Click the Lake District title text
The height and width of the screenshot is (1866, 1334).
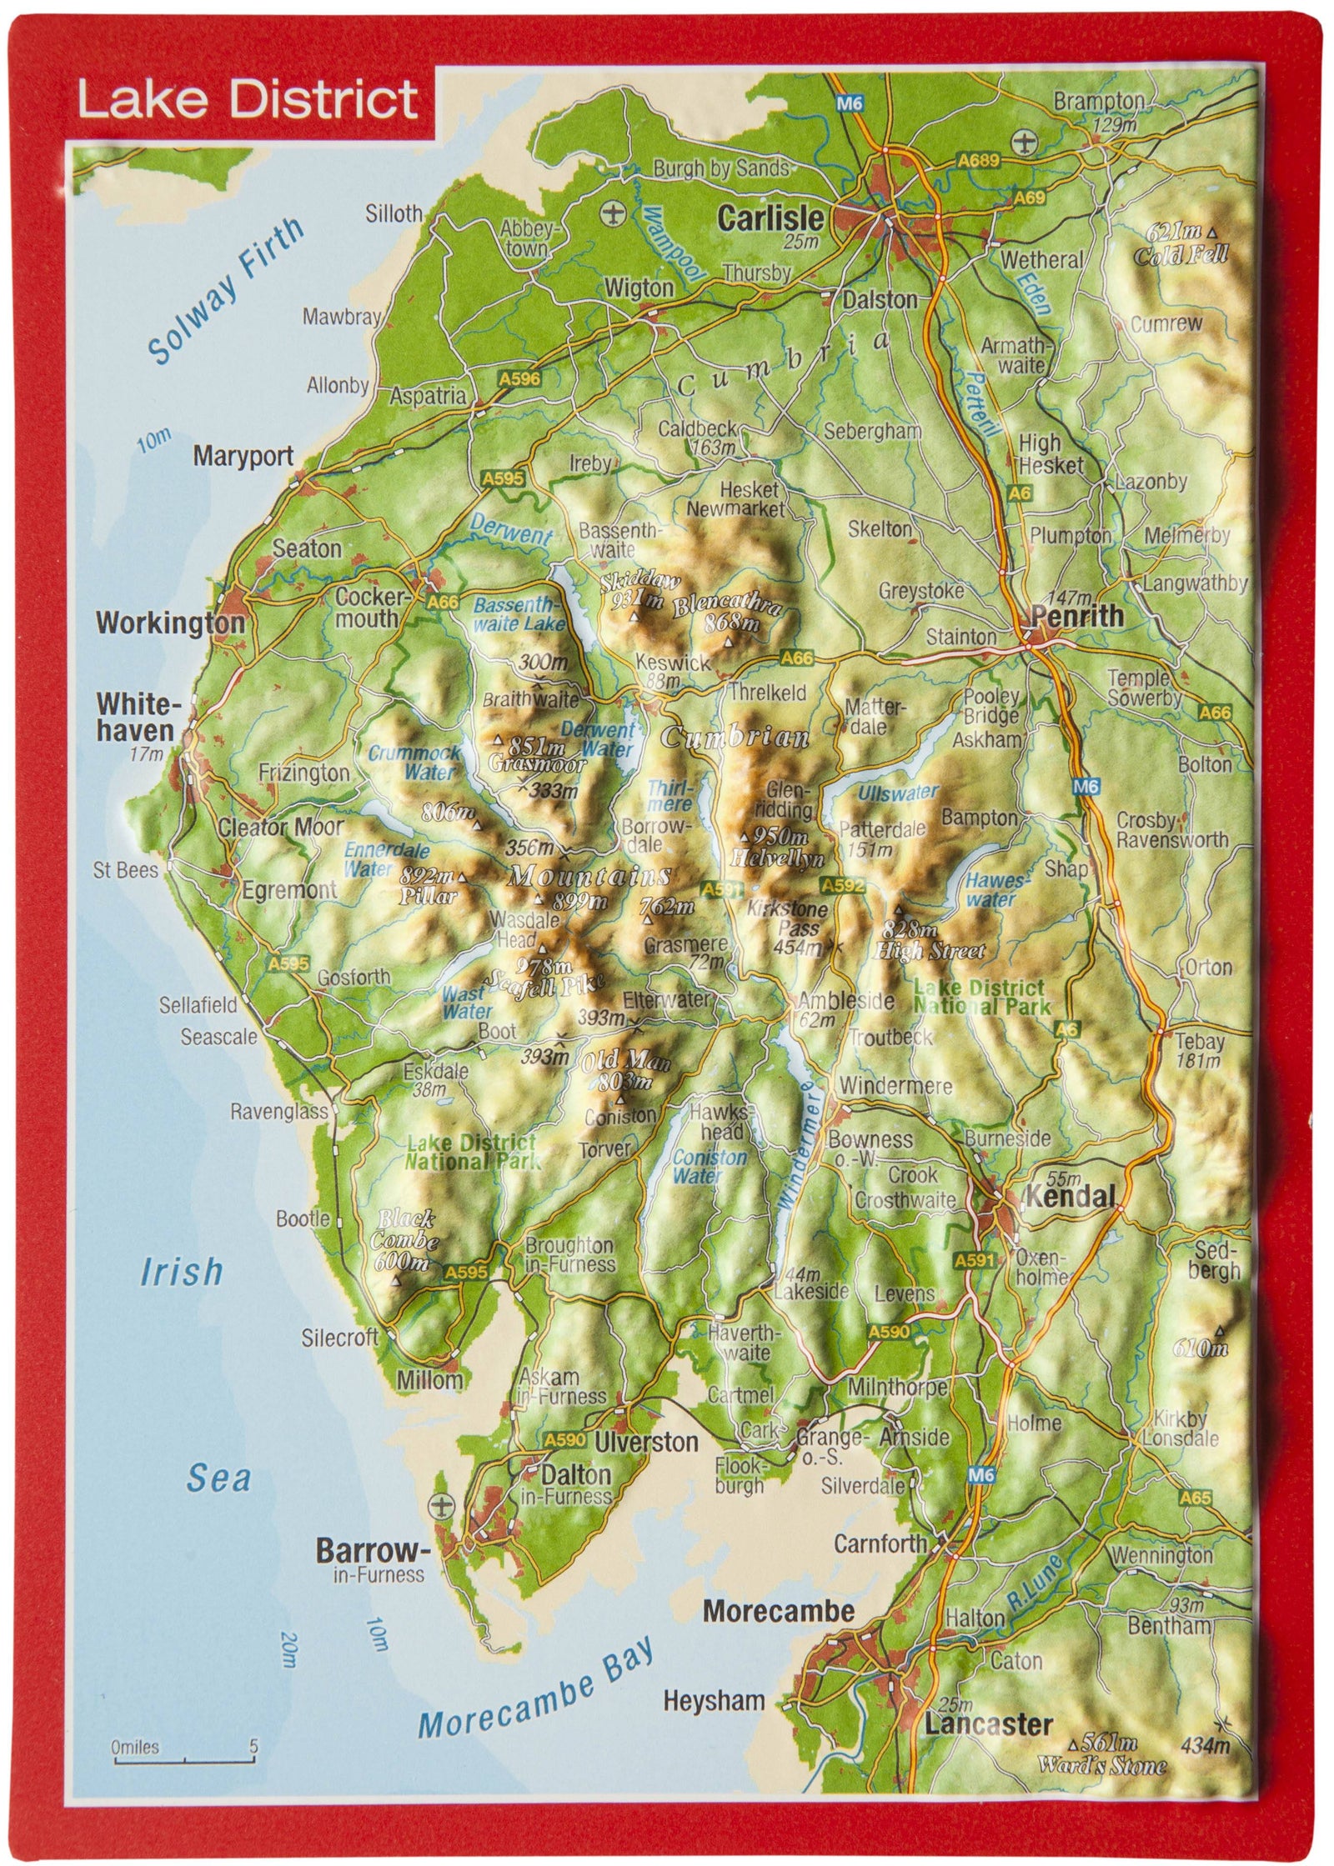pyautogui.click(x=248, y=101)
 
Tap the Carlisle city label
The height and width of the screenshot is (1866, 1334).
pyautogui.click(x=770, y=219)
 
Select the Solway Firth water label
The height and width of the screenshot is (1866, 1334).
pyautogui.click(x=226, y=291)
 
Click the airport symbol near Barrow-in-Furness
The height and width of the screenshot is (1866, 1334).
pyautogui.click(x=439, y=1507)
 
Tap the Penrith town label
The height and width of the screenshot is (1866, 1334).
pyautogui.click(x=1076, y=617)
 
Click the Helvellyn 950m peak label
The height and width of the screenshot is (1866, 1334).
pyautogui.click(x=776, y=847)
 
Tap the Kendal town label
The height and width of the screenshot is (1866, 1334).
pyautogui.click(x=1070, y=1198)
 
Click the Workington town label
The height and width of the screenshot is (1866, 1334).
pyautogui.click(x=170, y=623)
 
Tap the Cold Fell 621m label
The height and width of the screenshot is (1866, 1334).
pyautogui.click(x=1180, y=244)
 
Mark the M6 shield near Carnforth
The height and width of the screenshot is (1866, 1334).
pyautogui.click(x=982, y=1476)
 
